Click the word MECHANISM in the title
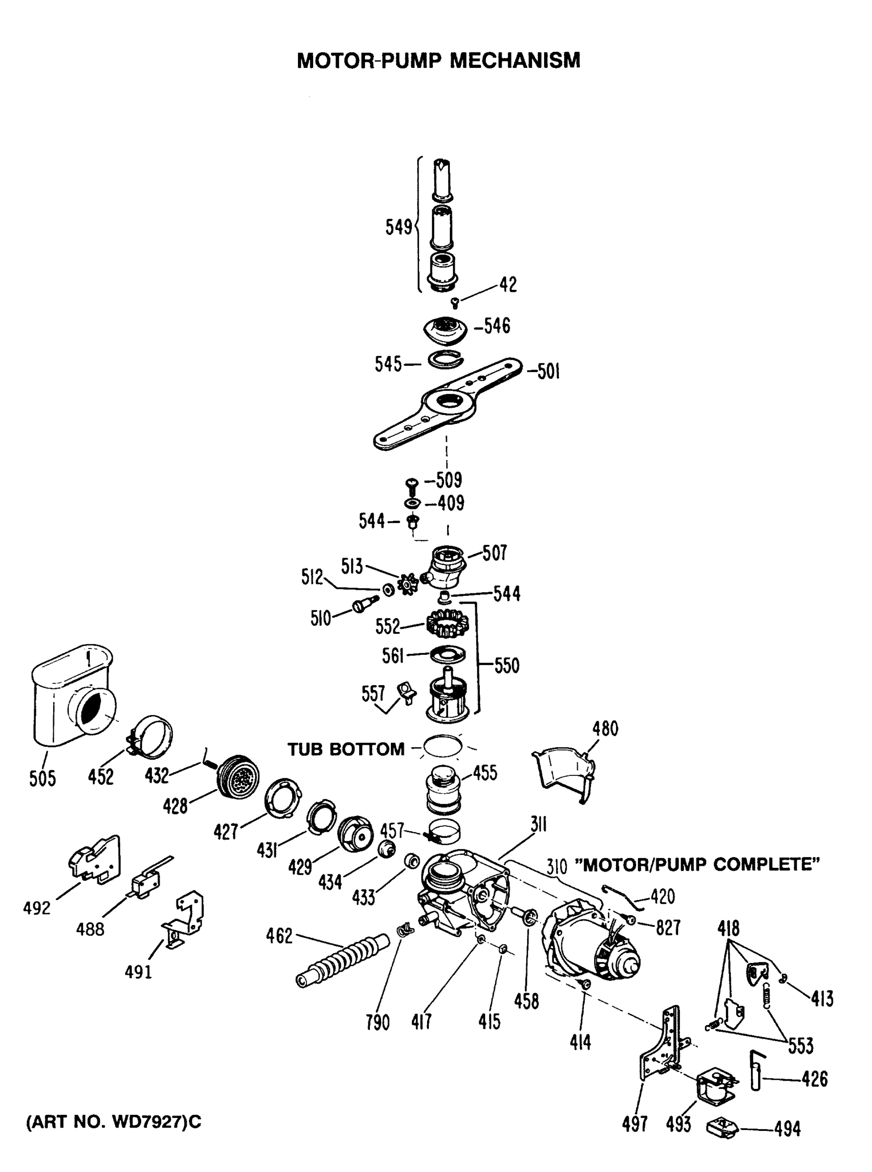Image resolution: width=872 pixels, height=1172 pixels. pyautogui.click(x=515, y=61)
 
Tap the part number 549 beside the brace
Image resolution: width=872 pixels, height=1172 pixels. pyautogui.click(x=399, y=228)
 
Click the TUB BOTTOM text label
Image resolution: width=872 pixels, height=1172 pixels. pyautogui.click(x=346, y=749)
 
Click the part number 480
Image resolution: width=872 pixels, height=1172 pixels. pyautogui.click(x=605, y=729)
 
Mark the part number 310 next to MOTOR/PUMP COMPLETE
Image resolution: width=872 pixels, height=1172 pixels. pyautogui.click(x=556, y=866)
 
